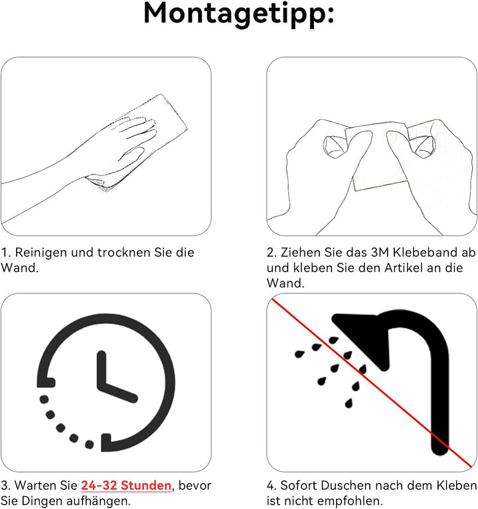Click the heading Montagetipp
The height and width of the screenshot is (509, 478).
click(x=239, y=15)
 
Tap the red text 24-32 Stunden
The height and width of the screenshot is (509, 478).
click(x=126, y=485)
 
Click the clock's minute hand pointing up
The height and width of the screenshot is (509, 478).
click(x=102, y=368)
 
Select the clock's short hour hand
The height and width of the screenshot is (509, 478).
click(x=118, y=392)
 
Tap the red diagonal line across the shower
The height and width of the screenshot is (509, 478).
click(x=372, y=382)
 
